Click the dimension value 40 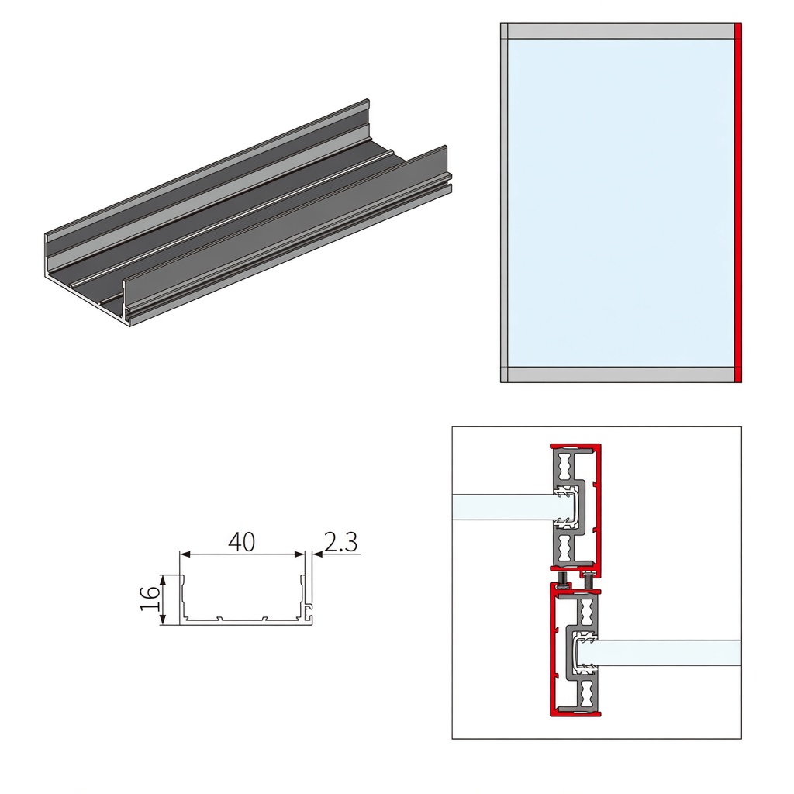pyautogui.click(x=242, y=542)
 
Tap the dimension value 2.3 pyautogui.click(x=340, y=542)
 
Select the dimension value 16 pyautogui.click(x=150, y=599)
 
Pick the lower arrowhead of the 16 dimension pyautogui.click(x=163, y=619)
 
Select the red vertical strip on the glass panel pyautogui.click(x=738, y=202)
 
